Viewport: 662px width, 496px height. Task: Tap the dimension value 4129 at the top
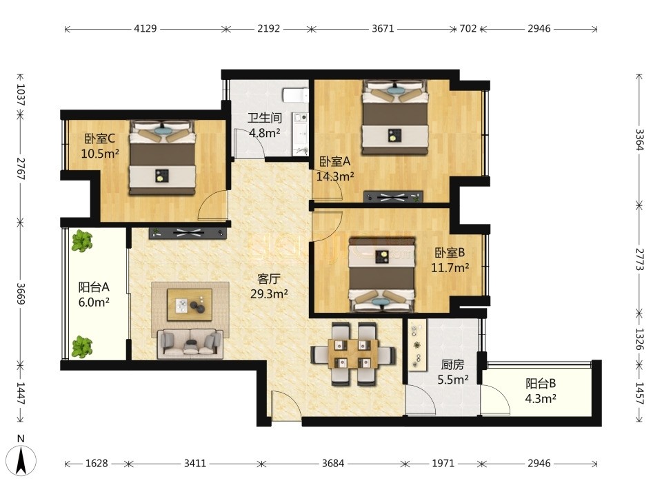[146, 28]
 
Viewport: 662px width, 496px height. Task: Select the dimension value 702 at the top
[468, 28]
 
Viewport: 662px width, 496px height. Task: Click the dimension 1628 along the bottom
[97, 464]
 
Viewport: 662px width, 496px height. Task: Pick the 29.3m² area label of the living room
[269, 294]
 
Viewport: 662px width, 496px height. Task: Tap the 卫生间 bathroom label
[264, 118]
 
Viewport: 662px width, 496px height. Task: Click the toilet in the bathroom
[296, 95]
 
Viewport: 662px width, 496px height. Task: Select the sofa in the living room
[190, 343]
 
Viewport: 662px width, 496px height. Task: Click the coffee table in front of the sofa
[190, 304]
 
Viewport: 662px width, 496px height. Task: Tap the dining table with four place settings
[353, 353]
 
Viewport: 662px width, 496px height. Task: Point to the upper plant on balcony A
[81, 241]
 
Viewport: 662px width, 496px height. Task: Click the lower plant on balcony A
[81, 347]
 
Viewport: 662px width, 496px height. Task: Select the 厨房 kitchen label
[452, 364]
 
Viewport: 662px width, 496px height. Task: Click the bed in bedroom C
[163, 158]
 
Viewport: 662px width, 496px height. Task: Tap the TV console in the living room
[188, 233]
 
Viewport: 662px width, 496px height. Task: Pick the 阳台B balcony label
[541, 384]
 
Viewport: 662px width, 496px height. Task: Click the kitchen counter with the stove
[417, 344]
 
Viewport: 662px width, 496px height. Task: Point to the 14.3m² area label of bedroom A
[335, 176]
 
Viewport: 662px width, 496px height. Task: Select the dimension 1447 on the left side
[20, 393]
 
